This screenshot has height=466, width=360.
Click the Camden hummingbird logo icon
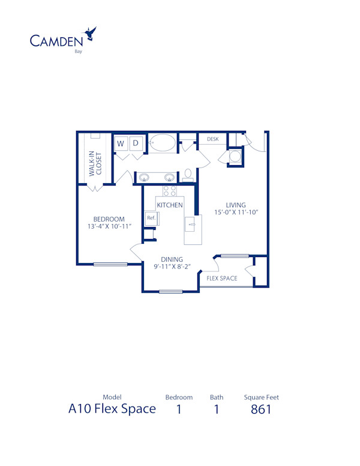[x=92, y=33]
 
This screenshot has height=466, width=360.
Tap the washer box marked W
[x=121, y=144]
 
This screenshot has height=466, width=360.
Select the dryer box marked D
[x=136, y=144]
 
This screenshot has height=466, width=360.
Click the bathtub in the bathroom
[x=162, y=144]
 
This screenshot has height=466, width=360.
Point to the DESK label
[x=212, y=139]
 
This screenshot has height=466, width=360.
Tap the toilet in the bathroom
[x=188, y=175]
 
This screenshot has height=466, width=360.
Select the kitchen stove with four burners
[x=169, y=192]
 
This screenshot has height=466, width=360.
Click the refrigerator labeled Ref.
[x=151, y=218]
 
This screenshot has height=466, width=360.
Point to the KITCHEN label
[x=170, y=205]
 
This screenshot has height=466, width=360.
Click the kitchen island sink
[x=191, y=226]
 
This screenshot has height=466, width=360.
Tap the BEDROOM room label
[x=109, y=219]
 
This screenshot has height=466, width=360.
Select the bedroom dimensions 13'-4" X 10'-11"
[x=109, y=226]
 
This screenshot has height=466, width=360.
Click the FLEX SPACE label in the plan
[x=222, y=279]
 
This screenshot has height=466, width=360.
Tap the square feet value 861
[x=261, y=410]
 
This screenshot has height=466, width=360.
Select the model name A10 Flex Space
[x=112, y=410]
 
